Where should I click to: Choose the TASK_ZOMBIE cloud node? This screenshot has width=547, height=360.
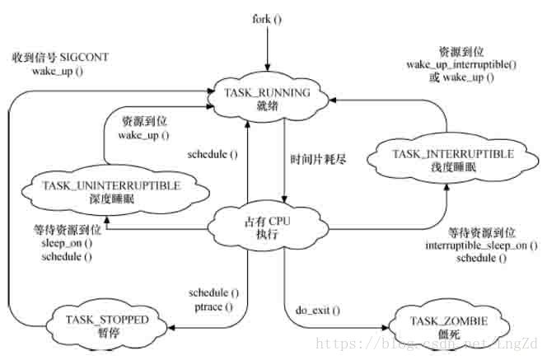441,320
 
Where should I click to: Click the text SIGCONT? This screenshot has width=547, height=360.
82,58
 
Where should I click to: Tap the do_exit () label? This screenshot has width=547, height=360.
317,311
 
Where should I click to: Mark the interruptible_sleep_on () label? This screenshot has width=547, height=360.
476,245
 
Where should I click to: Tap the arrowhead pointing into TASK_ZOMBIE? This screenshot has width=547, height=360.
384,327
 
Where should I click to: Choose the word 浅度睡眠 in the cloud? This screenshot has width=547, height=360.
452,167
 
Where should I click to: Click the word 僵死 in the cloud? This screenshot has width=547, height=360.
441,326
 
